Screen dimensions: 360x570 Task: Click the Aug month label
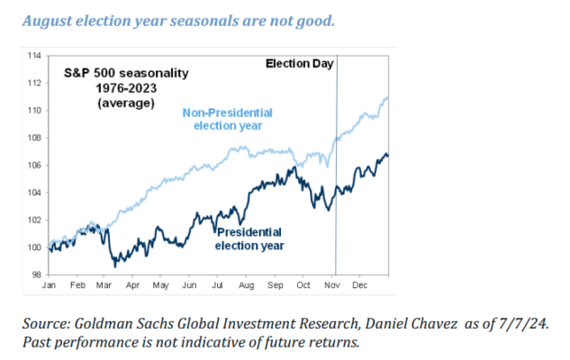pos(246,285)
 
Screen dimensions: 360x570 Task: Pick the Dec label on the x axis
pos(357,285)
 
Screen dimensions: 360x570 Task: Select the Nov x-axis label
pos(330,285)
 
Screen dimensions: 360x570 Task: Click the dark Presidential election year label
pos(249,238)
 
